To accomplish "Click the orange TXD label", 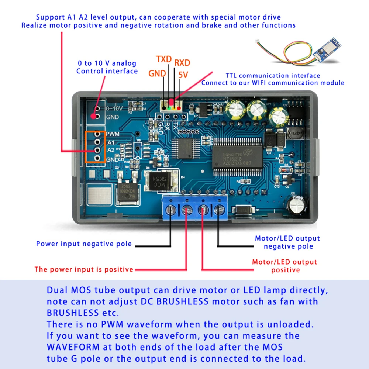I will click(x=164, y=59).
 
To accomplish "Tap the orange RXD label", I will click(x=182, y=62).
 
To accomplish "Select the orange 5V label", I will click(x=183, y=75).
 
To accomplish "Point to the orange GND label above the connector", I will click(x=157, y=73).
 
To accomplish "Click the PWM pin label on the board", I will click(x=112, y=134).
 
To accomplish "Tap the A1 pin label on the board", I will click(x=110, y=142).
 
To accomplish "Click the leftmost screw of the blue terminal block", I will click(x=170, y=210).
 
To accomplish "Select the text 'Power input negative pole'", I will click(x=84, y=244).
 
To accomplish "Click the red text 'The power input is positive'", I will click(x=84, y=269).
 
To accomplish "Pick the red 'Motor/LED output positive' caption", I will click(x=284, y=266).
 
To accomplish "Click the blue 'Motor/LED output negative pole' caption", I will click(x=287, y=242).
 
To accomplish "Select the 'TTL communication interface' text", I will click(x=273, y=76).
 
